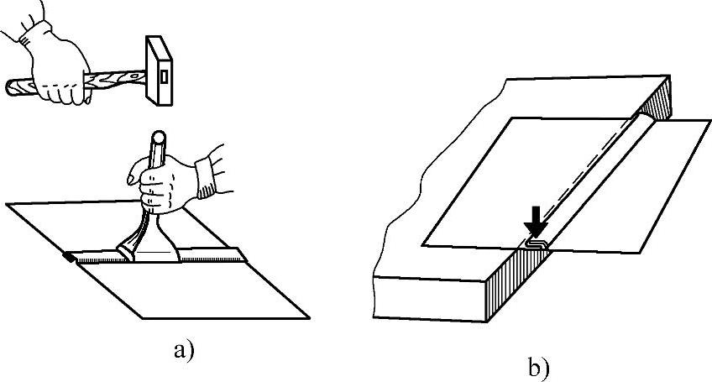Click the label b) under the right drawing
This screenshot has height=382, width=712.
537,365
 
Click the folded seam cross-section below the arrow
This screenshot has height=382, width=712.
536,243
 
